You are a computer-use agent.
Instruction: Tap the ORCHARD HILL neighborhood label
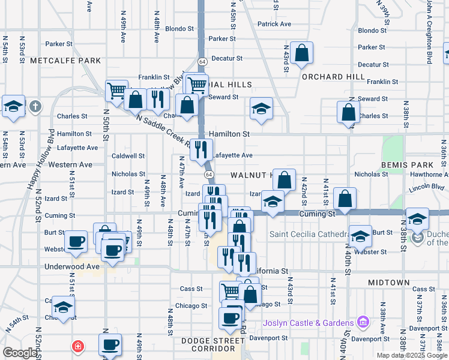(333, 77)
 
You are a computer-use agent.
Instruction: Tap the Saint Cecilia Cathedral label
(309, 234)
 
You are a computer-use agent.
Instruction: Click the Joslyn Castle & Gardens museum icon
(362, 322)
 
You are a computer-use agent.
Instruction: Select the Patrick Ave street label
(274, 24)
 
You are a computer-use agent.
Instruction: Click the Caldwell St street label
(128, 155)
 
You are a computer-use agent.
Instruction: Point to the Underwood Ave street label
(71, 266)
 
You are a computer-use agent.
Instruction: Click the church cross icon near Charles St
(35, 107)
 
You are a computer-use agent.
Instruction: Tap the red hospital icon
(77, 346)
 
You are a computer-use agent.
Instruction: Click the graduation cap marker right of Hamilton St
(261, 109)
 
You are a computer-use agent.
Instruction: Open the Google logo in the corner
(20, 353)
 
